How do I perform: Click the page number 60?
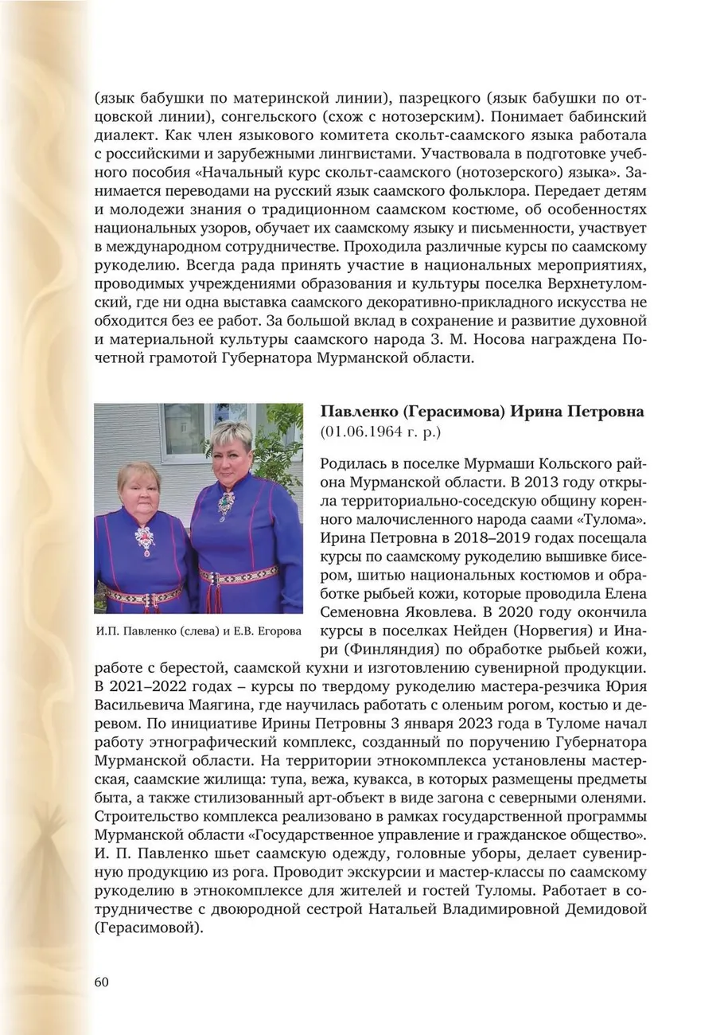[x=101, y=981]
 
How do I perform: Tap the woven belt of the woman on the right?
[x=239, y=575]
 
